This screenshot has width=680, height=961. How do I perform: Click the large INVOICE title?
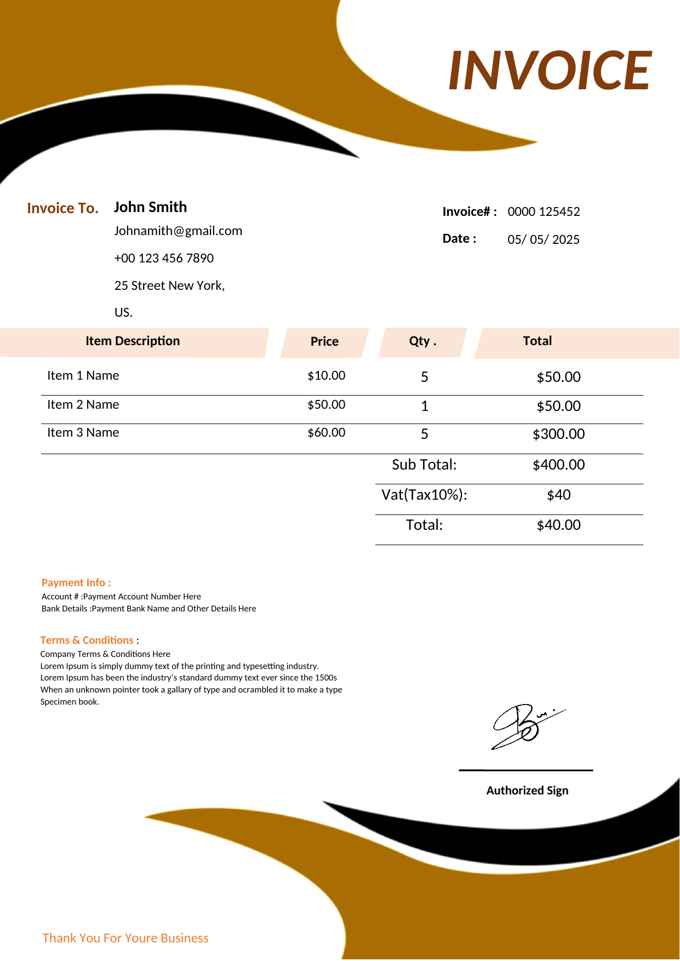[x=550, y=70]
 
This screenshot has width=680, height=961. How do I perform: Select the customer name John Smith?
[x=150, y=207]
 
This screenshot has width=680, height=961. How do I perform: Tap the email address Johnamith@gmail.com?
[x=178, y=231]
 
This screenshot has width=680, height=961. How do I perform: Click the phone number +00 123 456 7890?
[x=164, y=258]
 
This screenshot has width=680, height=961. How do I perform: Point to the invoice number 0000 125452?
[x=544, y=211]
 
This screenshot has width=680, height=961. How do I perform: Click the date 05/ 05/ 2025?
[x=544, y=239]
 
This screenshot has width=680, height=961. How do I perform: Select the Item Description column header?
[x=133, y=341]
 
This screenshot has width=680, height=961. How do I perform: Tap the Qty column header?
[x=422, y=341]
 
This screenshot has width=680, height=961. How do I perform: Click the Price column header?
[x=324, y=341]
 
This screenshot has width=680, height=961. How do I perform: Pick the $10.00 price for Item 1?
[x=326, y=375]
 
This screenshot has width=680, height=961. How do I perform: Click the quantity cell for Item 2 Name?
[x=424, y=406]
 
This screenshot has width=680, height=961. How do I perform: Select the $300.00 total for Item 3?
[x=558, y=434]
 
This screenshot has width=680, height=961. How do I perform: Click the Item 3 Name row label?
[x=83, y=432]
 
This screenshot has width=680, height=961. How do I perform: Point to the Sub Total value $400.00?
[x=558, y=465]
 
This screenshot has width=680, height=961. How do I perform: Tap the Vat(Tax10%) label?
[x=424, y=495]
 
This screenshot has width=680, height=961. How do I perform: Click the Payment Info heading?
[x=76, y=582]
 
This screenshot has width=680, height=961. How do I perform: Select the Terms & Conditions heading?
[x=87, y=640]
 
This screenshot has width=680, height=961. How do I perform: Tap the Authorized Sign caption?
[x=527, y=790]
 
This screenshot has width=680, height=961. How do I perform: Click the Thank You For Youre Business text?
[x=125, y=938]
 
